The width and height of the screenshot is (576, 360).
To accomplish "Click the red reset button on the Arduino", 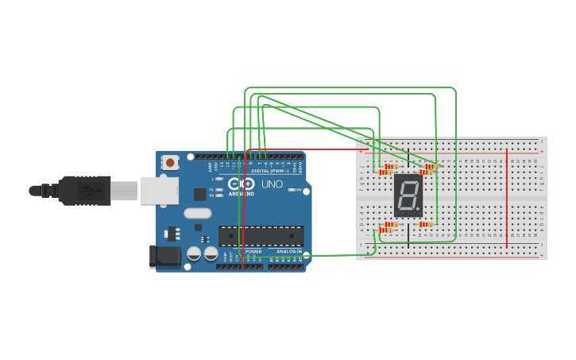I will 170,162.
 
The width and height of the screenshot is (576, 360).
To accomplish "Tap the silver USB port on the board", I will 159,191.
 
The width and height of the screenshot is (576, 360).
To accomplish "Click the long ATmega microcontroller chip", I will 261,236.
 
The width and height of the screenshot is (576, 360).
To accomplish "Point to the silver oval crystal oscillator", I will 198,213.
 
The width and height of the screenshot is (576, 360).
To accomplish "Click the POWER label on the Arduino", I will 253,251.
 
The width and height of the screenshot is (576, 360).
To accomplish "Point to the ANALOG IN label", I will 288,251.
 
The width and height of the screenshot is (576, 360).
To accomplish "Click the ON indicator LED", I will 292,190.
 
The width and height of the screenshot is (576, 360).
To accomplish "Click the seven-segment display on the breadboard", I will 408,195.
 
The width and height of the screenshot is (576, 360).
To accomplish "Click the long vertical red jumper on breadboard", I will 507,196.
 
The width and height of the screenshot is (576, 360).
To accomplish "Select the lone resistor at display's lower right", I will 426,224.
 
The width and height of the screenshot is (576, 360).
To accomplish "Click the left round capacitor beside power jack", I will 194,254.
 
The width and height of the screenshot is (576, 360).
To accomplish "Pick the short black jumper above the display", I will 408,157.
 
